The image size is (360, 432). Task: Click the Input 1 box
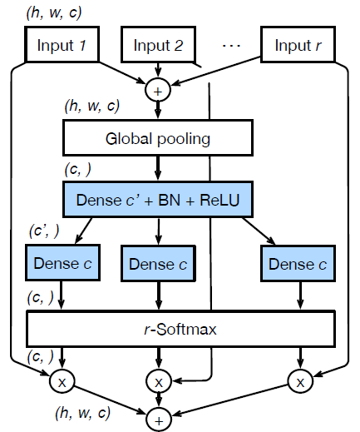[x=62, y=46]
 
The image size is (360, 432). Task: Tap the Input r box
[x=297, y=46]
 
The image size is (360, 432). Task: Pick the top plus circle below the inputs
[x=157, y=87]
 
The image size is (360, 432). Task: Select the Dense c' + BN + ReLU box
[x=157, y=200]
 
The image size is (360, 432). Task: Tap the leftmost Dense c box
[x=62, y=264]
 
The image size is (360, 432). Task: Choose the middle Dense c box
[x=157, y=264]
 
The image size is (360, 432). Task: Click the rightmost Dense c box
[x=297, y=264]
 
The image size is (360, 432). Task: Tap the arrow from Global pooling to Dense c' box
[x=157, y=166]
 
